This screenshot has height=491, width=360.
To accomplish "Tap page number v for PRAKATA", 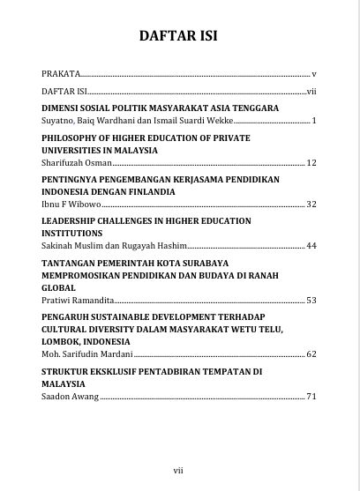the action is pyautogui.click(x=314, y=74).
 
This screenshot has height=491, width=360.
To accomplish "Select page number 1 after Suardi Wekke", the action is pyautogui.click(x=314, y=119).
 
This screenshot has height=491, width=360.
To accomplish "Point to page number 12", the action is pyautogui.click(x=311, y=163).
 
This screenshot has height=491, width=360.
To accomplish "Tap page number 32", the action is pyautogui.click(x=311, y=204).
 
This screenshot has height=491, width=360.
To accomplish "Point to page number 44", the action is pyautogui.click(x=311, y=244).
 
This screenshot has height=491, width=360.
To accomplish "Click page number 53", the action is pyautogui.click(x=311, y=301).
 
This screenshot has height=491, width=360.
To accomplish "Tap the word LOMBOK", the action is pyautogui.click(x=64, y=342).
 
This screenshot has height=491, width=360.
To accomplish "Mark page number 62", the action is pyautogui.click(x=311, y=354).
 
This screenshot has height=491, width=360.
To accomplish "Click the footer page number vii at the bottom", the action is pyautogui.click(x=179, y=469).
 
